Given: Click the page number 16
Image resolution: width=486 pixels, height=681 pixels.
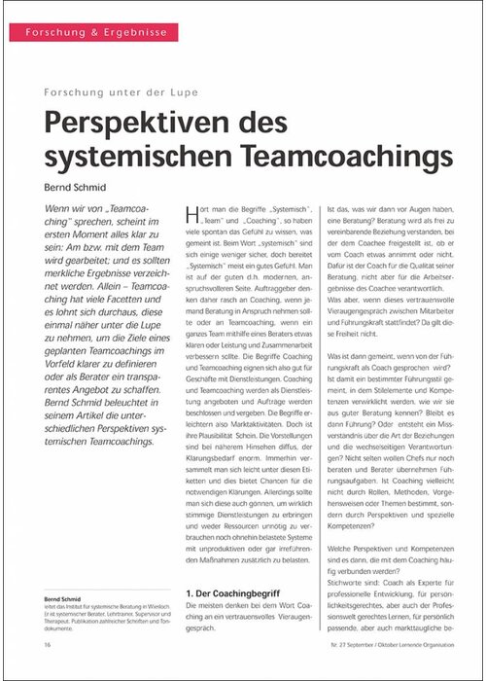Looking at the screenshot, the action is pos(47,644).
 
